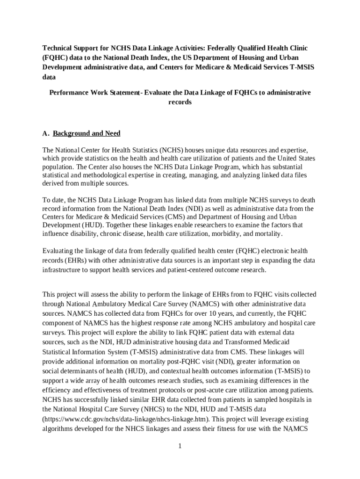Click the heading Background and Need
tap(86, 134)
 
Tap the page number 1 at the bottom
tap(180, 446)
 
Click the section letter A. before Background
tap(46, 134)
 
